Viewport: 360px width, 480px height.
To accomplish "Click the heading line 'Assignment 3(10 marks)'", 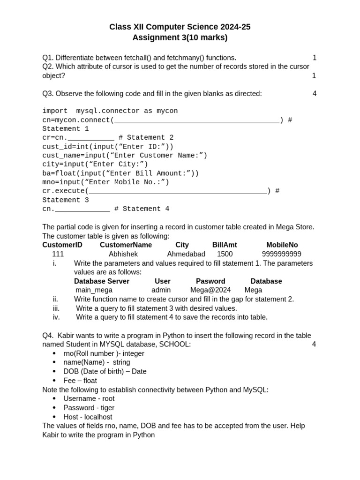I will click(x=180, y=37).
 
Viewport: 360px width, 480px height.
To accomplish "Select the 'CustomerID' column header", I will click(x=62, y=245).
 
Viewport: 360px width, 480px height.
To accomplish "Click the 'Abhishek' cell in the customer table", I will click(x=123, y=254).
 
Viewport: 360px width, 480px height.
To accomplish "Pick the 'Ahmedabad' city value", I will click(x=186, y=254).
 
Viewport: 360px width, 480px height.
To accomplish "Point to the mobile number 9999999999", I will click(x=281, y=254).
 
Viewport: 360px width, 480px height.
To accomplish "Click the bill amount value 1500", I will click(x=225, y=254).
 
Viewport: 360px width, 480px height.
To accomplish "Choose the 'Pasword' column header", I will click(x=210, y=281).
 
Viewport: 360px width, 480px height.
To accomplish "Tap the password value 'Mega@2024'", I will click(x=210, y=290).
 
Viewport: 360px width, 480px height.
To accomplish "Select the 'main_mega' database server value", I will click(x=94, y=290).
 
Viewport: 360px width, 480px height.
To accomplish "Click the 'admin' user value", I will click(x=161, y=290).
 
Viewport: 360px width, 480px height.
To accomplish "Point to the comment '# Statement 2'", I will click(x=146, y=137).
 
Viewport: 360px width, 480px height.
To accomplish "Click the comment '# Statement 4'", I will click(x=142, y=209).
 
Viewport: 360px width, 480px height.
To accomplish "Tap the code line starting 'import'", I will click(x=110, y=111).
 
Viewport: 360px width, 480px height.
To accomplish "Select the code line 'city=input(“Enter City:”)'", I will click(x=95, y=164).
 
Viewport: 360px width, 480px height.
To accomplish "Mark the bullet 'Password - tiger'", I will click(x=89, y=408).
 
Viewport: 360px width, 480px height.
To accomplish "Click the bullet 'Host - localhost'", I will click(x=88, y=417).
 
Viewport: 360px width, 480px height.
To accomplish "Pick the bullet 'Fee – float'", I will click(x=80, y=381).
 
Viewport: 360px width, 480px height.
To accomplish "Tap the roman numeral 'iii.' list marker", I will click(x=56, y=308).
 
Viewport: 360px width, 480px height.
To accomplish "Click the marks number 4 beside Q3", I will click(x=315, y=94).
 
